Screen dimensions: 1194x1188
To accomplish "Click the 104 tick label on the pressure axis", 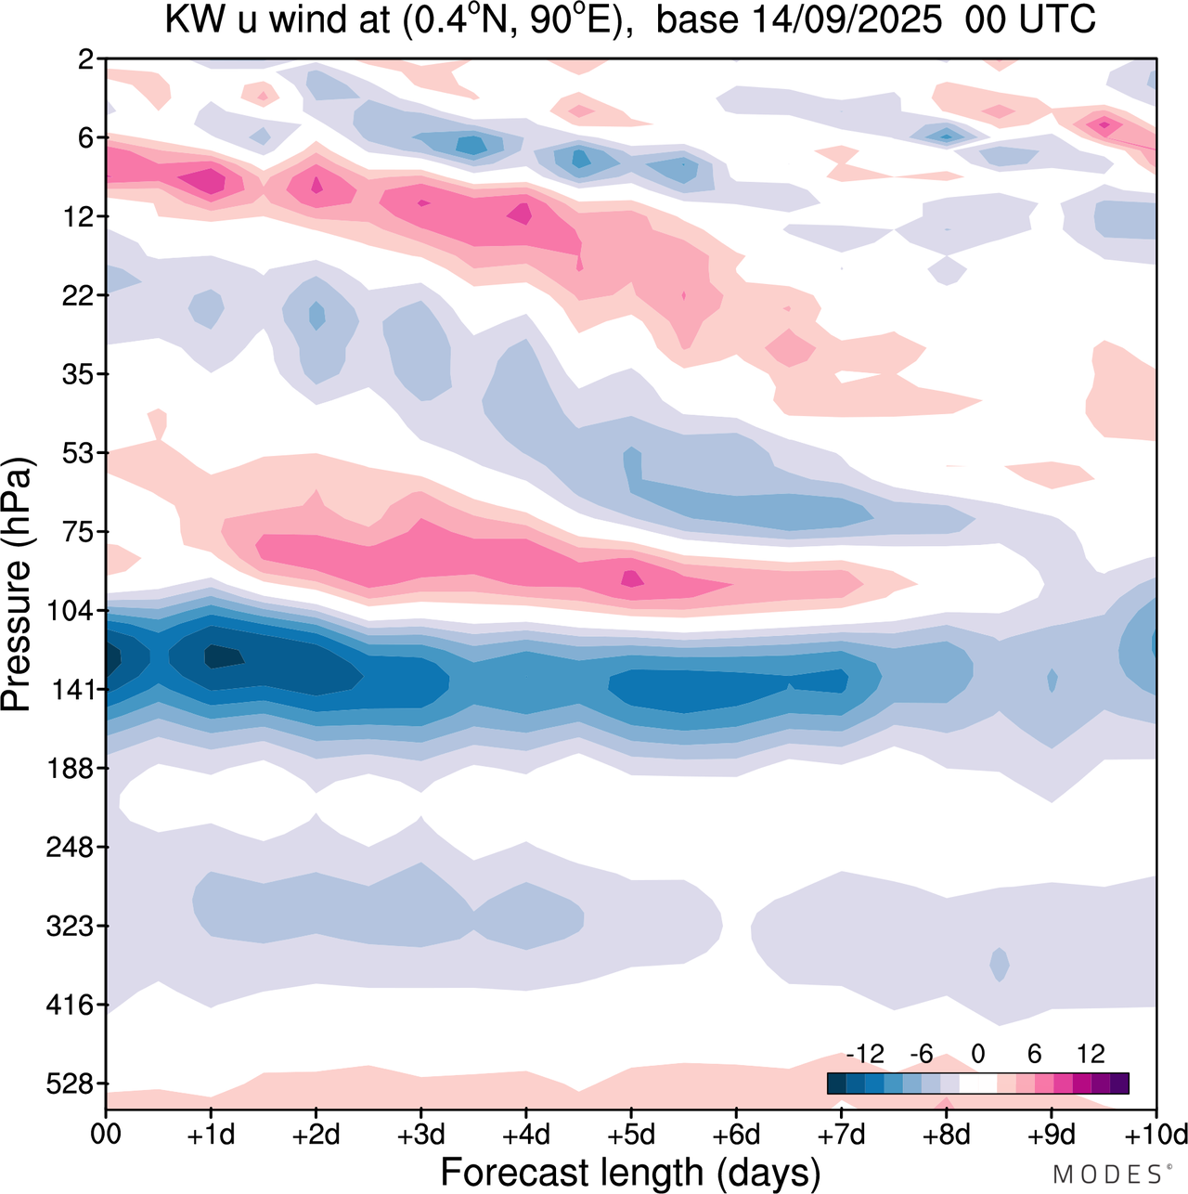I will pyautogui.click(x=74, y=611).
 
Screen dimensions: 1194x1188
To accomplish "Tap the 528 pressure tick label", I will pyautogui.click(x=74, y=1084).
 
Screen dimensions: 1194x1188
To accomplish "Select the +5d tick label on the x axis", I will pyautogui.click(x=631, y=1135).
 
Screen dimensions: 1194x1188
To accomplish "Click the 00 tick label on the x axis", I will pyautogui.click(x=106, y=1135).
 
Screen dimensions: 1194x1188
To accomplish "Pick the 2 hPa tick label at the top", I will pyautogui.click(x=86, y=59).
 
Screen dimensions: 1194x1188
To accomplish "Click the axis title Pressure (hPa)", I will pyautogui.click(x=17, y=585).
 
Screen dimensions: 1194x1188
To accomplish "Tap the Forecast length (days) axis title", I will pyautogui.click(x=630, y=1172).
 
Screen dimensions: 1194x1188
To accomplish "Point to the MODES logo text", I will pyautogui.click(x=1110, y=1175).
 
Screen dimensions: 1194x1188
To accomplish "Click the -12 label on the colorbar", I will pyautogui.click(x=865, y=1054).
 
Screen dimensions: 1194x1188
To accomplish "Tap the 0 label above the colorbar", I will pyautogui.click(x=977, y=1054).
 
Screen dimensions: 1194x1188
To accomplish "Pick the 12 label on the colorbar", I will pyautogui.click(x=1091, y=1054).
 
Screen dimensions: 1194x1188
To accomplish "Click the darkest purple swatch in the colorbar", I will pyautogui.click(x=1119, y=1084).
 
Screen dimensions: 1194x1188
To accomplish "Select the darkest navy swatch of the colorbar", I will pyautogui.click(x=836, y=1084).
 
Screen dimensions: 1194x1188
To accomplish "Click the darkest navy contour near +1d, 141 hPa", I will pyautogui.click(x=223, y=656).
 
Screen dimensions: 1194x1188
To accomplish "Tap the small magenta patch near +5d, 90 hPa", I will pyautogui.click(x=632, y=578).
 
